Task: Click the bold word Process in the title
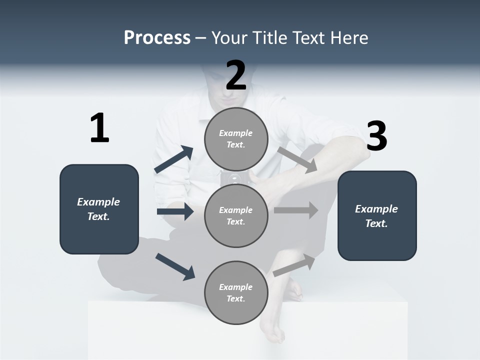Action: click(x=157, y=38)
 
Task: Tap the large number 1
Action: click(x=99, y=128)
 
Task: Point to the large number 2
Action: click(x=236, y=75)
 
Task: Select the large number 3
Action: click(x=376, y=136)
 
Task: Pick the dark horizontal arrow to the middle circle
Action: click(x=175, y=211)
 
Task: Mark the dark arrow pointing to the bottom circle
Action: click(x=175, y=266)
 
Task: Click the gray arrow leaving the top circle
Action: click(x=297, y=159)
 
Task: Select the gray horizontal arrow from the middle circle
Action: click(x=295, y=210)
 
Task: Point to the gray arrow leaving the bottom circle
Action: click(x=294, y=265)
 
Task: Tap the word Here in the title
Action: click(x=351, y=38)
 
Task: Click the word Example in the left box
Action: click(x=98, y=202)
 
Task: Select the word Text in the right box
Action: click(x=376, y=223)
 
